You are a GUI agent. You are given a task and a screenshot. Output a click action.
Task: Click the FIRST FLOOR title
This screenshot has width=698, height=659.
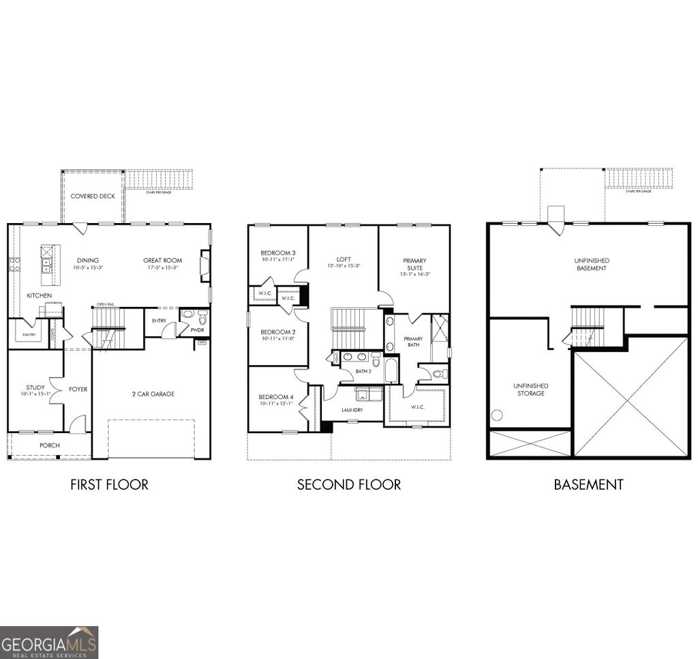pos(109,485)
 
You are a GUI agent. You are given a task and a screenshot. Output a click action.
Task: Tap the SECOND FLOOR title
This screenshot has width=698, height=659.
pos(348,485)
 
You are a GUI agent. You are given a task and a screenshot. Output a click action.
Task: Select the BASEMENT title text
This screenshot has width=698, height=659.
pos(588,485)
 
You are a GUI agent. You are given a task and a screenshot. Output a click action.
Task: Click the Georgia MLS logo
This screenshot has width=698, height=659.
pos(49,642)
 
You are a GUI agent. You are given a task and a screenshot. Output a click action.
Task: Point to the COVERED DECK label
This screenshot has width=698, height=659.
pos(93,196)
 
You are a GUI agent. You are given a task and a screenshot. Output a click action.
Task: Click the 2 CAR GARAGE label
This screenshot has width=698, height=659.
pos(153,394)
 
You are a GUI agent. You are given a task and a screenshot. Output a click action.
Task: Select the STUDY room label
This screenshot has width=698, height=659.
pos(35,387)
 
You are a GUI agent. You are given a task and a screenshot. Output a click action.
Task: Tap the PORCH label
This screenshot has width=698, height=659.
pos(49,445)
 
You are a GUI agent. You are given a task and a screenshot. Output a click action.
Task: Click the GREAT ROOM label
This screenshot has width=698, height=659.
pos(162,260)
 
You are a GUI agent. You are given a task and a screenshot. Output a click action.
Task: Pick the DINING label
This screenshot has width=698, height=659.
pos(87,260)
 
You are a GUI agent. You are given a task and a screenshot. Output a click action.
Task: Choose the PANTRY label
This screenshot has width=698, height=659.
pos(29,335)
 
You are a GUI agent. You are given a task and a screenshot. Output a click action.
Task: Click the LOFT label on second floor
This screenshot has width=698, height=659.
pos(344,259)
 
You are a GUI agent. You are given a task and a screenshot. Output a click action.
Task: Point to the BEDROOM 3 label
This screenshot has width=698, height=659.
pos(277,253)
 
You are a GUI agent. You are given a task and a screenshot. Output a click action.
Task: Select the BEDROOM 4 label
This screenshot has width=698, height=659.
pos(275,397)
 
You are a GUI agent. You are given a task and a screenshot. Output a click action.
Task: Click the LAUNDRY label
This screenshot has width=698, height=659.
pos(352,410)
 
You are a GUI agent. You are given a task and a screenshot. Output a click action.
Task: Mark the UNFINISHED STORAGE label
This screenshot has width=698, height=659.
pos(530,390)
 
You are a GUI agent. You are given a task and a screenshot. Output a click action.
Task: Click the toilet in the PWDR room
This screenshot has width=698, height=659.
pos(202,317)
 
